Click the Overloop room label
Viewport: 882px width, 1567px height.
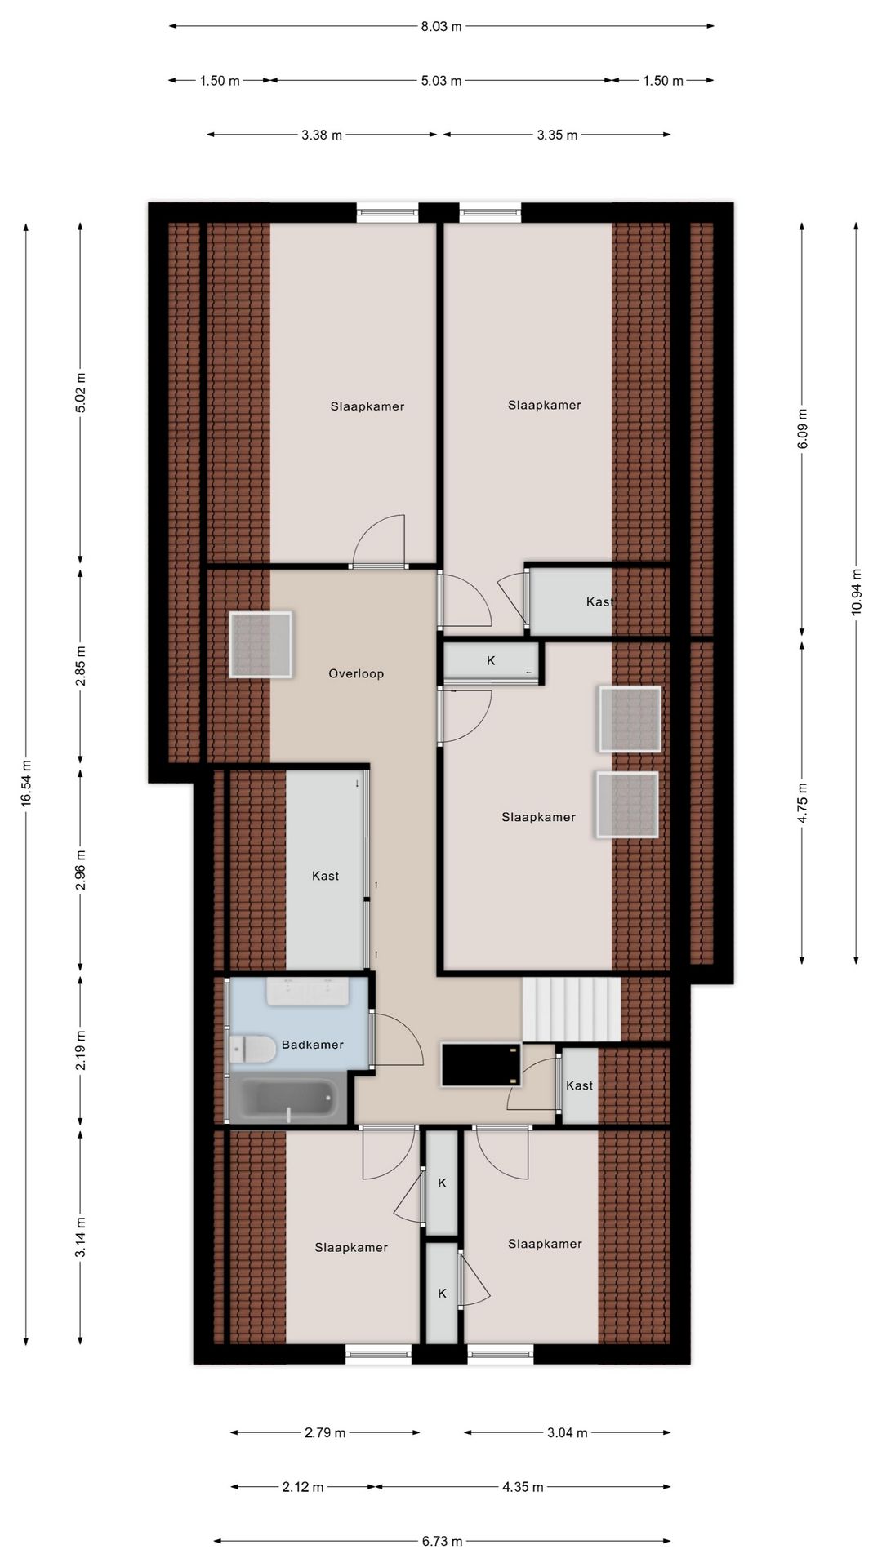(356, 673)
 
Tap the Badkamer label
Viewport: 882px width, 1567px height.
(313, 1045)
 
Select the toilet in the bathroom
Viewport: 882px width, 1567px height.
(253, 1049)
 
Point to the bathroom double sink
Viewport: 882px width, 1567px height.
(307, 991)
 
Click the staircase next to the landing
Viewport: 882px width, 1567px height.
(572, 1010)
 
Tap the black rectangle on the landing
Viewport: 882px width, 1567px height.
(481, 1064)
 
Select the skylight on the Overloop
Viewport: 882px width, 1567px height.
(261, 645)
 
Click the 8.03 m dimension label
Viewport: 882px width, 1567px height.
(441, 26)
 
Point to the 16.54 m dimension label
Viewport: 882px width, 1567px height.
(26, 783)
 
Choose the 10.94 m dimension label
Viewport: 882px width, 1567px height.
(856, 593)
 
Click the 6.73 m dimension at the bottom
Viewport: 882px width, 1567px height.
(443, 1541)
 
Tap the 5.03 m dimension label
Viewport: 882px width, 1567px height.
(441, 81)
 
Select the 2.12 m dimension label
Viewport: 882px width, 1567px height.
(303, 1487)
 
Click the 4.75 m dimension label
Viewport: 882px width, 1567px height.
(802, 803)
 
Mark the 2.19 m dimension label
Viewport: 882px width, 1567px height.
(80, 1051)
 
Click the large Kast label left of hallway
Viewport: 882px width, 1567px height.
(325, 876)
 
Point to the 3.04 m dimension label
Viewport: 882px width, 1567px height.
(567, 1432)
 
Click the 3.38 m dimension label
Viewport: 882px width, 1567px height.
(322, 135)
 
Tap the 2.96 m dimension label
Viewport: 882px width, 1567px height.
(80, 870)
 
